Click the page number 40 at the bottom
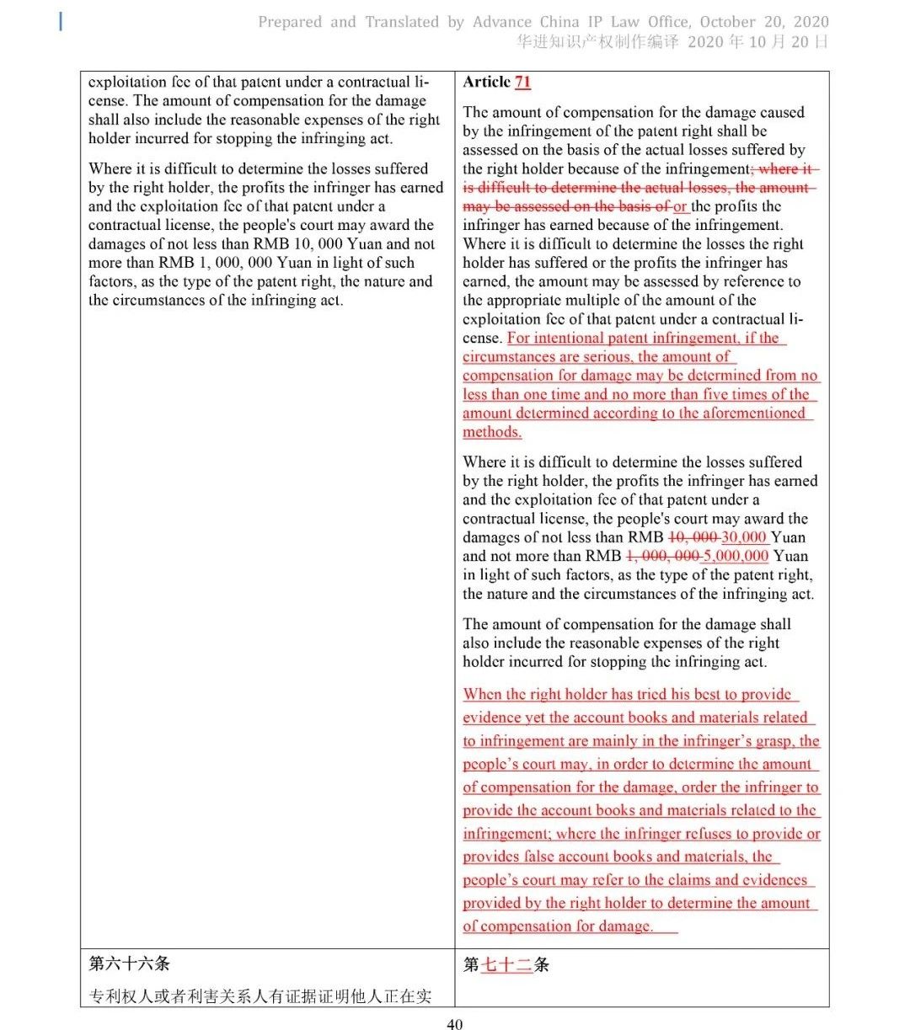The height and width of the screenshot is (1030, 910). coord(454,1024)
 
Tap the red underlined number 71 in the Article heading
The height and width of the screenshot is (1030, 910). coord(522,82)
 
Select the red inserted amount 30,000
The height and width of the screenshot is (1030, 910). coord(743,537)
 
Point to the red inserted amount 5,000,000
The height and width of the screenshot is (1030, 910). coord(736,556)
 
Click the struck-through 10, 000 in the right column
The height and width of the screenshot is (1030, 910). coord(693,537)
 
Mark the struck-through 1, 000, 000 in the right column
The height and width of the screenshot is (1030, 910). coord(662,556)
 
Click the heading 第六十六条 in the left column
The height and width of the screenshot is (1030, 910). coord(129,963)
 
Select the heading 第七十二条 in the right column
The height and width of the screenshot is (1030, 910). coord(506,964)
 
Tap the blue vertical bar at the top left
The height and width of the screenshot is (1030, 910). coord(61,22)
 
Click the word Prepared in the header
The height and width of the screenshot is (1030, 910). coord(291,22)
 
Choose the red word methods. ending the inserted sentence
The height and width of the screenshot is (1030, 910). coord(492,432)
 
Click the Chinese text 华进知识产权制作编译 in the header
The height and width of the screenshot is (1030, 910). coord(597,42)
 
